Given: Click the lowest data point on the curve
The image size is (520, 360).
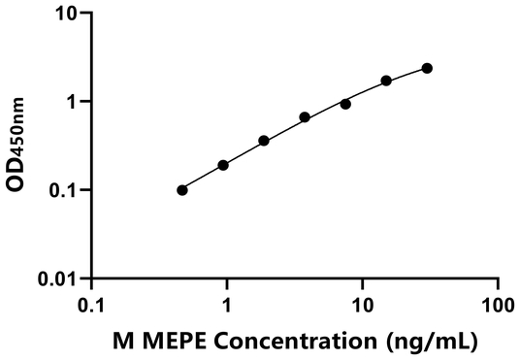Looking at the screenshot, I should pyautogui.click(x=182, y=190).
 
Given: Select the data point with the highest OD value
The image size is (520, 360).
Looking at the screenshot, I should pyautogui.click(x=427, y=68).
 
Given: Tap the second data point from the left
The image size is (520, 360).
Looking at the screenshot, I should pyautogui.click(x=223, y=165).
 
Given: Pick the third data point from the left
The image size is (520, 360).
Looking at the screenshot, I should pyautogui.click(x=264, y=141).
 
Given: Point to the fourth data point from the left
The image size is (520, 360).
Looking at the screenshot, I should pyautogui.click(x=305, y=117).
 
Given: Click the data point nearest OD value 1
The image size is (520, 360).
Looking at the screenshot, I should pyautogui.click(x=345, y=104).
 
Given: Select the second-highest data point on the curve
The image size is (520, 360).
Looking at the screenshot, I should pyautogui.click(x=386, y=81).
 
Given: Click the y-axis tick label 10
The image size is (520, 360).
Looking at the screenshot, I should pyautogui.click(x=65, y=14).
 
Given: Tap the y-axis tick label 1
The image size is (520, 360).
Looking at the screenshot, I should pyautogui.click(x=71, y=102).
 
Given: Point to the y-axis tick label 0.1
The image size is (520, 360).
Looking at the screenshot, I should pyautogui.click(x=62, y=190).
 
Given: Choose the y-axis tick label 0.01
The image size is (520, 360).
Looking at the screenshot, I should pyautogui.click(x=57, y=279).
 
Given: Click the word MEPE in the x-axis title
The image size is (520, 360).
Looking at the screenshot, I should pyautogui.click(x=171, y=341).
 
